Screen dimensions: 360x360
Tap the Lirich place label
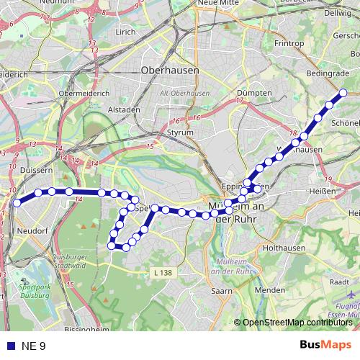[125, 32]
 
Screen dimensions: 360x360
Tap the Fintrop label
[289, 43]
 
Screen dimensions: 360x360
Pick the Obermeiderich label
[84, 94]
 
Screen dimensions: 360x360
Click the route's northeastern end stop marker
[343, 92]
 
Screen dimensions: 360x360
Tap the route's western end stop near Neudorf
[16, 202]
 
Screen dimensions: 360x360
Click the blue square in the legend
[9, 346]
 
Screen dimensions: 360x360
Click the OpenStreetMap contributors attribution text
[297, 322]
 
